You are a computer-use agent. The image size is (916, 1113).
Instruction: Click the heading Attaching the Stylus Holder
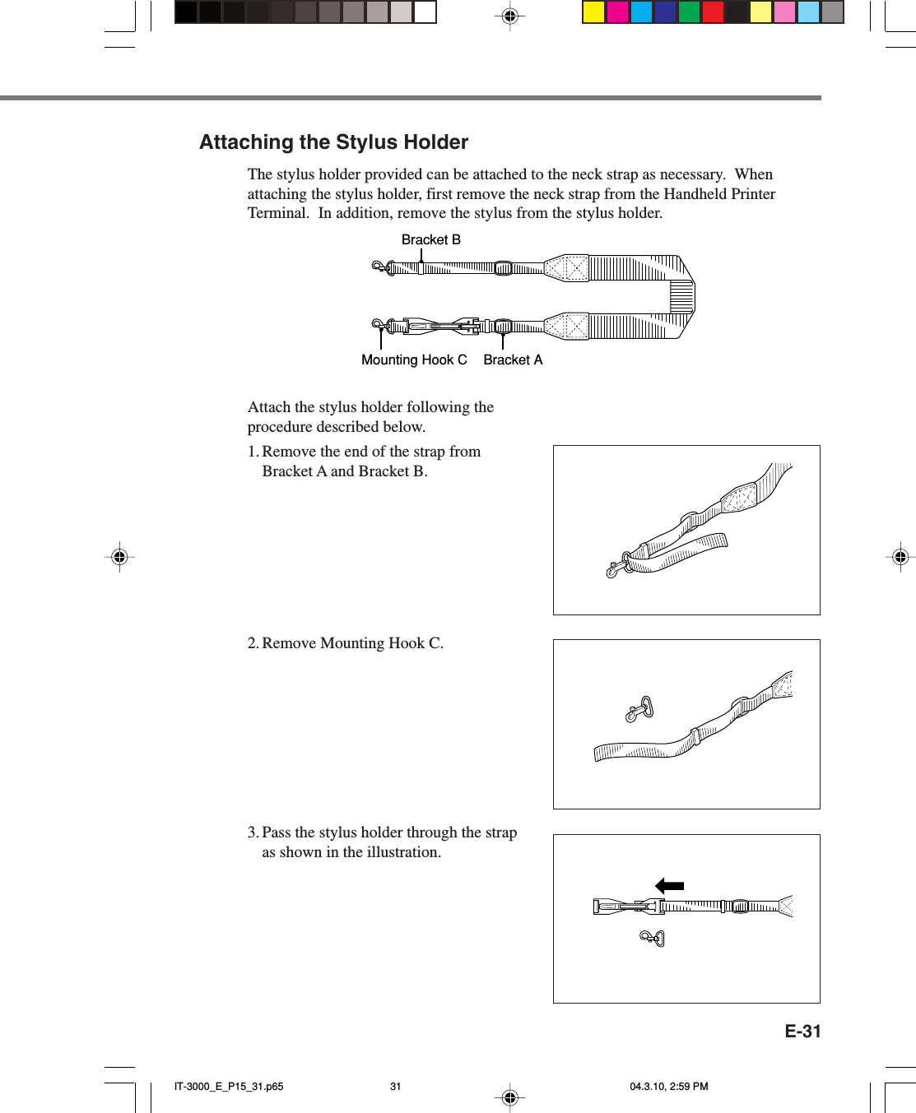point(333,142)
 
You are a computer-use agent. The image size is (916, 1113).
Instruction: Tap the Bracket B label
point(430,239)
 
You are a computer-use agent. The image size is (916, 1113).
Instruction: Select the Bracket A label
point(512,359)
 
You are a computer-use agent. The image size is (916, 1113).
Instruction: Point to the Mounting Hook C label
point(414,359)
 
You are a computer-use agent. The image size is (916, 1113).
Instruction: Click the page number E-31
point(802,1031)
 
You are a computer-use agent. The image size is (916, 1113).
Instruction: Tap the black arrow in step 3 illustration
point(669,886)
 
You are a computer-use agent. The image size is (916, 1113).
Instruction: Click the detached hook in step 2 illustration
point(639,708)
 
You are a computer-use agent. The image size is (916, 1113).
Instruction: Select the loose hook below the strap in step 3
point(653,938)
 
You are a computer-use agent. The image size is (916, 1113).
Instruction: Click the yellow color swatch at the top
point(593,12)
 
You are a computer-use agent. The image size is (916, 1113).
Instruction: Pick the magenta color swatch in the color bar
point(617,12)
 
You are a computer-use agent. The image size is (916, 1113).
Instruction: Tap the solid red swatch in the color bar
point(713,12)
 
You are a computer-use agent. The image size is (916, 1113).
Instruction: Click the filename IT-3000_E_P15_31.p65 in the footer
point(229,1086)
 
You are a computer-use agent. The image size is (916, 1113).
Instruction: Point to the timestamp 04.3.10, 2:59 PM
point(668,1086)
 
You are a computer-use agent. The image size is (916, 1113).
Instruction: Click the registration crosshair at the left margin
point(119,557)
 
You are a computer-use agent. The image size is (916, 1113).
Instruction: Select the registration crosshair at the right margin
point(900,557)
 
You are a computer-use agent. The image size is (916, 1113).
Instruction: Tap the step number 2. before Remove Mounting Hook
point(253,643)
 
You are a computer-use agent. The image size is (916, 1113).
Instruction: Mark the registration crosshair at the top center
point(509,16)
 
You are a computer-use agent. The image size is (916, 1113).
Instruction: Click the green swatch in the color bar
point(689,12)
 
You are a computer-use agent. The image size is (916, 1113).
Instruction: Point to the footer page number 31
point(395,1086)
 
